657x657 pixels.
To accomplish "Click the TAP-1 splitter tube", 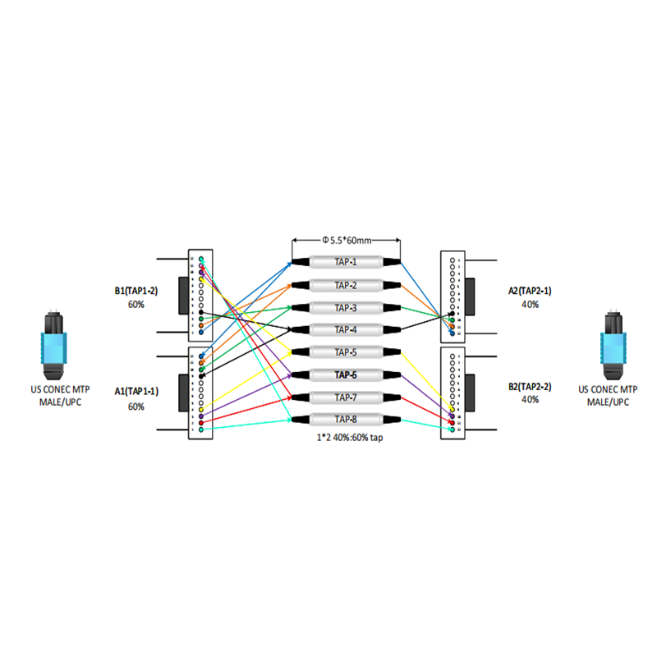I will (346, 263).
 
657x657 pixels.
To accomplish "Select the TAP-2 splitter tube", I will (346, 285).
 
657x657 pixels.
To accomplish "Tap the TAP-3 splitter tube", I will (346, 308).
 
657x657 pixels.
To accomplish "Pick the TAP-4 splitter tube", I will (346, 330).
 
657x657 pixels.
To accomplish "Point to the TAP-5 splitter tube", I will (346, 352).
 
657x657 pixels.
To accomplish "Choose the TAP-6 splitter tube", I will (346, 374).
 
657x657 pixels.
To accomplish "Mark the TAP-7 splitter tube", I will (346, 397).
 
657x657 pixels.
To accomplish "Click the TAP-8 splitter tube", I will (346, 420).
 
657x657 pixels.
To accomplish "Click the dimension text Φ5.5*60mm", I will (346, 240).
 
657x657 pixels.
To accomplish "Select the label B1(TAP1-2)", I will (136, 290).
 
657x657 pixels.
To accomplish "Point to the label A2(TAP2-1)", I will (530, 290).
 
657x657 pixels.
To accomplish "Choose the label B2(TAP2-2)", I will (530, 386).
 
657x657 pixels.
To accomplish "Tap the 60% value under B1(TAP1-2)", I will (136, 304).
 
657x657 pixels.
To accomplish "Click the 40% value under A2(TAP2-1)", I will (530, 304).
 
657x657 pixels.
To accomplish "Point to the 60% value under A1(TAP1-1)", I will (136, 407).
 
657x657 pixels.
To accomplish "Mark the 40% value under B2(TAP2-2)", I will (530, 400).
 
